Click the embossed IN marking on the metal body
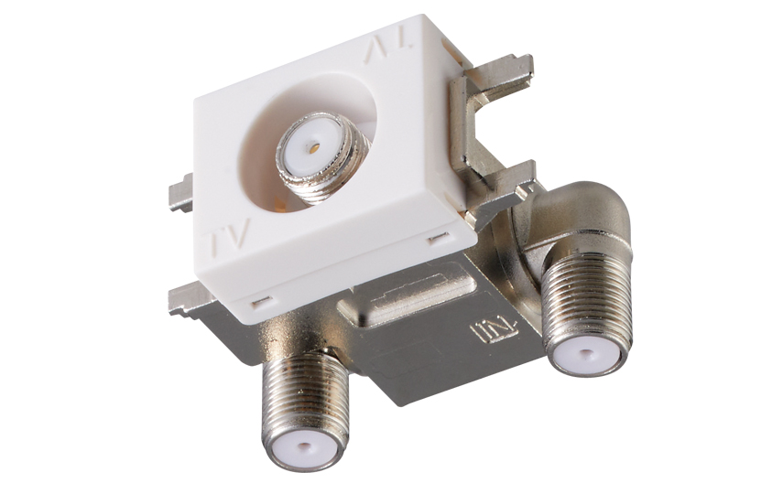(495, 332)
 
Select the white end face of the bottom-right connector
(584, 354)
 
